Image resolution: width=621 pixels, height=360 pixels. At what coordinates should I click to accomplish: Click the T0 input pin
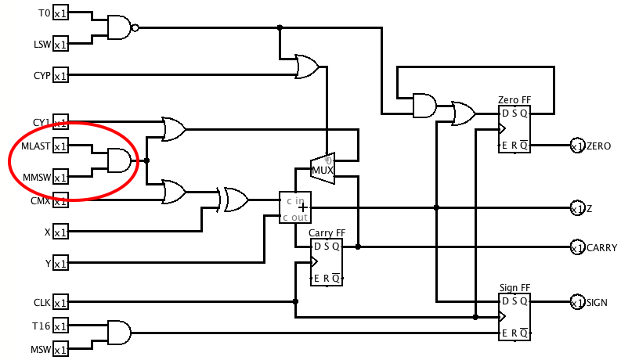point(60,14)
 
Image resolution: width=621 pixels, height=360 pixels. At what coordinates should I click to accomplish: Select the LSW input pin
point(60,44)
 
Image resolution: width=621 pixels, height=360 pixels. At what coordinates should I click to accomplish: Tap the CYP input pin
point(60,75)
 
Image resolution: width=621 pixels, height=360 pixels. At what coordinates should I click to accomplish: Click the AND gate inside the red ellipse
point(119,160)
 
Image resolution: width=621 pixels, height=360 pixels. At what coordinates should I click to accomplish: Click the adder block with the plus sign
point(295,207)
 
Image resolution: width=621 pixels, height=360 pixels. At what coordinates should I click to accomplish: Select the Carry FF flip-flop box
point(327,262)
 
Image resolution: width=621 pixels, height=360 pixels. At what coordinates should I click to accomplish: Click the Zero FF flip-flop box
point(514,129)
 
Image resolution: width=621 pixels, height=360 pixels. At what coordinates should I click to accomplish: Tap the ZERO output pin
point(576,146)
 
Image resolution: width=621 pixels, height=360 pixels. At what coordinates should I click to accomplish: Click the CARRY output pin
point(576,247)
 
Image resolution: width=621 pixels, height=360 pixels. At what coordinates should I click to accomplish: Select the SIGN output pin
point(576,302)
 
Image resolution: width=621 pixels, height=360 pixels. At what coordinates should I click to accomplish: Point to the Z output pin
point(576,208)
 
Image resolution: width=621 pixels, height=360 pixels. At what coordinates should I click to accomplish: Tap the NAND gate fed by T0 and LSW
point(120,28)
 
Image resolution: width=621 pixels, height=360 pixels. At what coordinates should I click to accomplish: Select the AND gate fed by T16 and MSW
point(119,333)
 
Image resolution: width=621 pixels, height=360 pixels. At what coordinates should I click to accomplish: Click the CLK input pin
point(60,302)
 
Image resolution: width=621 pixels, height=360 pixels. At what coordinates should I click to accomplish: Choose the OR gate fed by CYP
point(306,67)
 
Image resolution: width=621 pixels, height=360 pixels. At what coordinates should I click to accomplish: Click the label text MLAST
point(36,146)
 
